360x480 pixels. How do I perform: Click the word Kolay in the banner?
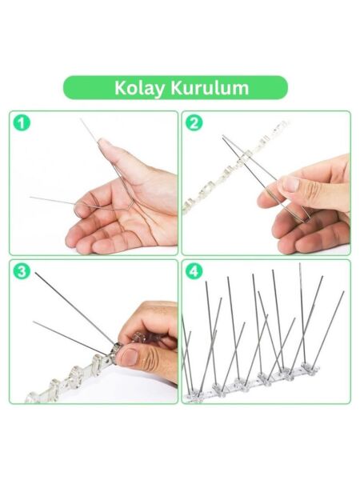(x=140, y=89)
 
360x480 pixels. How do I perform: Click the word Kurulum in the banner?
(x=210, y=88)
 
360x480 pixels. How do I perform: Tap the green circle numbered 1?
(x=22, y=123)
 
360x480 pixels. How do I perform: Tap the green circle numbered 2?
(x=194, y=123)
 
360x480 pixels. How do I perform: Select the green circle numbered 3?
(x=22, y=271)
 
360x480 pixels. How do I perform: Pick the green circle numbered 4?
(x=194, y=271)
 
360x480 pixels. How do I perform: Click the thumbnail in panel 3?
(x=131, y=358)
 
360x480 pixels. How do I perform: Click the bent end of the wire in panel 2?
(x=306, y=218)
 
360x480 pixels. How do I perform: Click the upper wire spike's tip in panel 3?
(x=35, y=273)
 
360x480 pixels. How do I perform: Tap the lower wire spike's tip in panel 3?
(x=34, y=322)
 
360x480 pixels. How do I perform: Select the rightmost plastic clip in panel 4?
(x=310, y=366)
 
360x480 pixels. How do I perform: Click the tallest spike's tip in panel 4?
(x=300, y=263)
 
